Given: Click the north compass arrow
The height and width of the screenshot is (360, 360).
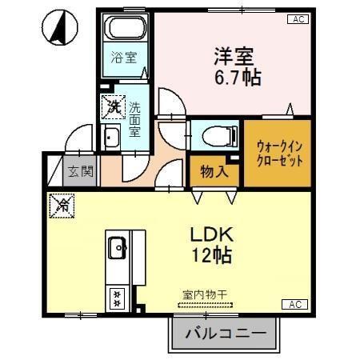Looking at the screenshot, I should point(59,28).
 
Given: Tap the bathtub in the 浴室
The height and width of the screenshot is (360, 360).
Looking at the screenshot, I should point(125,33).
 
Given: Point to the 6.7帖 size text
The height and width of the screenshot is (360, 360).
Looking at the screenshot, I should point(237,78).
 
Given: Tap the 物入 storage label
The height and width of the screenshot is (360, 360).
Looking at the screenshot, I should point(214,170).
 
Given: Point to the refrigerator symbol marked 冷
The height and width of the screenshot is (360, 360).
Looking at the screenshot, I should point(60,205).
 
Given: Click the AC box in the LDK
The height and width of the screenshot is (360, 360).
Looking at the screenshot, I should point(294,305).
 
